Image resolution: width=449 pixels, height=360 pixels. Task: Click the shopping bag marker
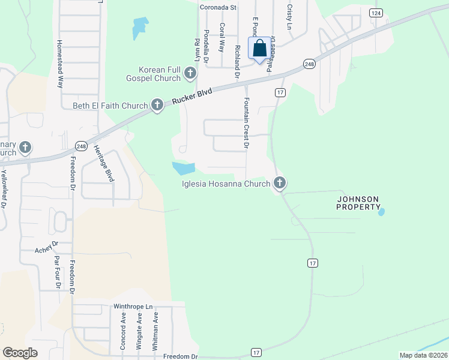coord(260,49)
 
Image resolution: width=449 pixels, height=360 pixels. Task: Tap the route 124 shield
coord(376,13)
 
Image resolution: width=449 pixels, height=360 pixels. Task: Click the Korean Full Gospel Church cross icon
coord(190,74)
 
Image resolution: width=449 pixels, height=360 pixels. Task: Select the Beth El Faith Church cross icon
coord(157,106)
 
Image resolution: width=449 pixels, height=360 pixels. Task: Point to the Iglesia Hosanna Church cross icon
coord(279,184)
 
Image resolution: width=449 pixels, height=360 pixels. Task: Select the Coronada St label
coord(218,8)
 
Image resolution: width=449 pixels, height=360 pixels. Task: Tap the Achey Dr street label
coord(46,247)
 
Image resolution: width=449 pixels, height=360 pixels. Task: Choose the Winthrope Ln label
coord(131,306)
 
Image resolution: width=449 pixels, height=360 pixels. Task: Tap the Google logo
coord(20,353)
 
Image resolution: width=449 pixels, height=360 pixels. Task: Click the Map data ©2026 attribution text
coord(423,355)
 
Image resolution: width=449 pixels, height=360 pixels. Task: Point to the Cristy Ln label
coord(289,17)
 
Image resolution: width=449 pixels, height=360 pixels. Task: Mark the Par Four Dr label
coord(57,272)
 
